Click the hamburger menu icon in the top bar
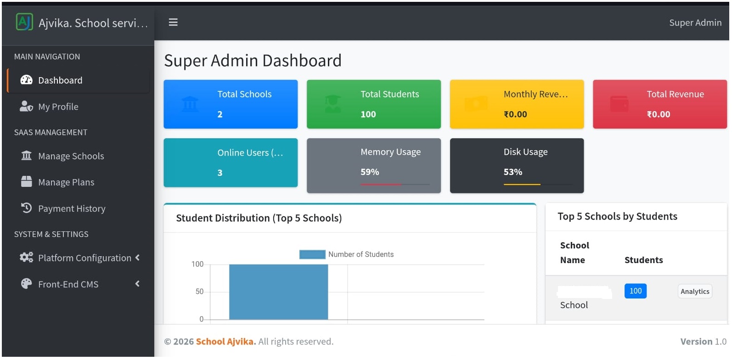(x=173, y=22)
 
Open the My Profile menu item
(x=58, y=107)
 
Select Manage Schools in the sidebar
(x=71, y=156)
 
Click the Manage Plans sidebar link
(x=66, y=182)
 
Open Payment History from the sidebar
(x=71, y=208)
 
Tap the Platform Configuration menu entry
(x=84, y=258)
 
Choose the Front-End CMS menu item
(x=68, y=284)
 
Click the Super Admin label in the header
(x=695, y=22)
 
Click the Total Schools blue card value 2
(x=220, y=114)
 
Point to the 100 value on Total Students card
(x=368, y=114)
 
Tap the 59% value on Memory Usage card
(x=370, y=172)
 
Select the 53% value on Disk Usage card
(x=512, y=172)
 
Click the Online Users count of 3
(x=220, y=173)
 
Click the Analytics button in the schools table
(x=694, y=292)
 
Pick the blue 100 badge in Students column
(x=635, y=291)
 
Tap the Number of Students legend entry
(x=347, y=254)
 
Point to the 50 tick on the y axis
(x=199, y=292)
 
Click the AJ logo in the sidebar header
(x=24, y=22)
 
